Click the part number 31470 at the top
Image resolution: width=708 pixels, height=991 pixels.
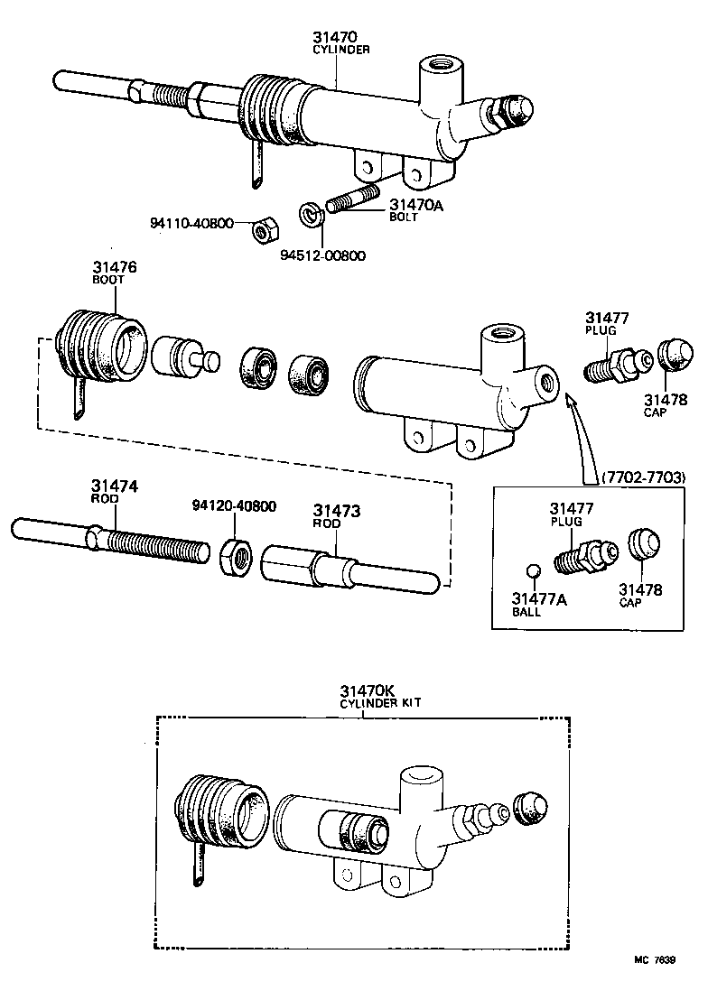pos(335,37)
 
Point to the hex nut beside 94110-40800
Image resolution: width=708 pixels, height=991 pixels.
pos(262,231)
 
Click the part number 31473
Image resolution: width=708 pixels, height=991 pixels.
pos(337,511)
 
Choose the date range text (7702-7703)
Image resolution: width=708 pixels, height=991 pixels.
pos(642,476)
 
